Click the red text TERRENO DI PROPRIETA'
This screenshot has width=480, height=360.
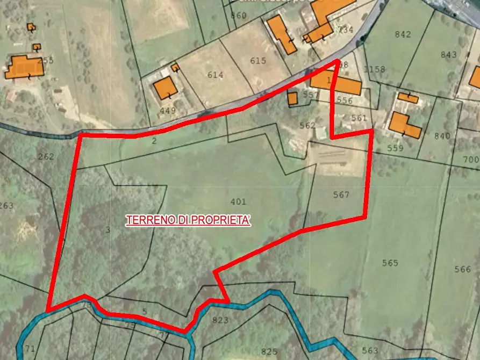point(188,220)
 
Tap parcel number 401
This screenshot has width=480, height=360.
point(238,202)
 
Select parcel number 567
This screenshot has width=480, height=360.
point(341,195)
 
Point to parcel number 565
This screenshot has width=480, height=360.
point(390,263)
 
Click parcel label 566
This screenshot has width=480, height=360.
point(463,269)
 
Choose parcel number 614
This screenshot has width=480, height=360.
point(215,75)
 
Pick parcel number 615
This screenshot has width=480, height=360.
point(258,61)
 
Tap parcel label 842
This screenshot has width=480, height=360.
point(403,34)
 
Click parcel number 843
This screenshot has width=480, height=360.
point(448,54)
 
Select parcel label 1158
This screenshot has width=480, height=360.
point(375,69)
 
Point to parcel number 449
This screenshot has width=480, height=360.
point(168,111)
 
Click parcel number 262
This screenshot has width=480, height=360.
point(46,157)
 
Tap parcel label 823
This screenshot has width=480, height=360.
point(220,320)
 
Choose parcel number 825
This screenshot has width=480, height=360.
point(269,351)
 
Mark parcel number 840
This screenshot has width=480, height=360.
point(442,136)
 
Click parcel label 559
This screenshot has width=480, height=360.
point(395,148)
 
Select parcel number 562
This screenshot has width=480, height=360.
point(307,125)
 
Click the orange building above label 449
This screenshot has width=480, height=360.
point(165,88)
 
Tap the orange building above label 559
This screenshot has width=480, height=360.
point(404,125)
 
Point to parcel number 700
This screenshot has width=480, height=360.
point(471,160)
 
